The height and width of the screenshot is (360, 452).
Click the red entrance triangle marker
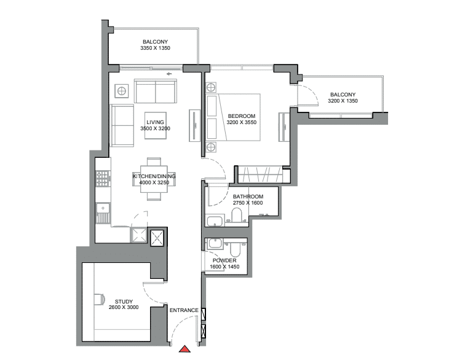coord(184,349)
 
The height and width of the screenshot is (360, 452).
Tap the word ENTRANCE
coord(184,310)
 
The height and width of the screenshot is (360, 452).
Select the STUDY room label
coord(124,302)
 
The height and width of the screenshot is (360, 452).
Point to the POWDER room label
coord(224,260)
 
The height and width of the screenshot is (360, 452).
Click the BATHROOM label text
coord(248,197)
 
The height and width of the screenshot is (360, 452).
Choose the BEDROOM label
coord(242,116)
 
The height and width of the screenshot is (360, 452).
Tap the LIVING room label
coord(155,122)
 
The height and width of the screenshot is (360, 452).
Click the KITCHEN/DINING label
coord(154,176)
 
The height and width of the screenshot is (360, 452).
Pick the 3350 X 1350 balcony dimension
coord(155,48)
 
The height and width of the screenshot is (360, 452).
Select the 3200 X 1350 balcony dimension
coord(343,101)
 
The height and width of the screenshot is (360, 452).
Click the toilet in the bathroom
coord(237,215)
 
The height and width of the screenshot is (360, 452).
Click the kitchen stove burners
coord(102,179)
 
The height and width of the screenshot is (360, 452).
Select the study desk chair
coord(100,299)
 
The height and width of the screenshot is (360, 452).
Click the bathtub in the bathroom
coord(215,221)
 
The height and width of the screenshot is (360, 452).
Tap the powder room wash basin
coord(215,243)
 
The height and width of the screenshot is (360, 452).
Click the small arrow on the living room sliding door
coord(169,74)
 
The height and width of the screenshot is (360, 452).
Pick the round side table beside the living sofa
coord(122,91)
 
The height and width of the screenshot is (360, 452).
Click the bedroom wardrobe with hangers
coord(260,174)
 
